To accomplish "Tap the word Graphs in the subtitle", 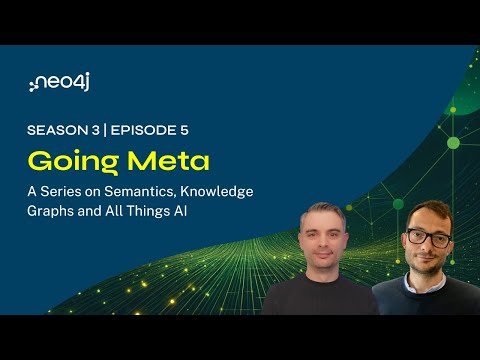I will coord(51,211).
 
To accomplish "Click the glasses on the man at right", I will coord(428,239).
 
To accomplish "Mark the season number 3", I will coord(97,129).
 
